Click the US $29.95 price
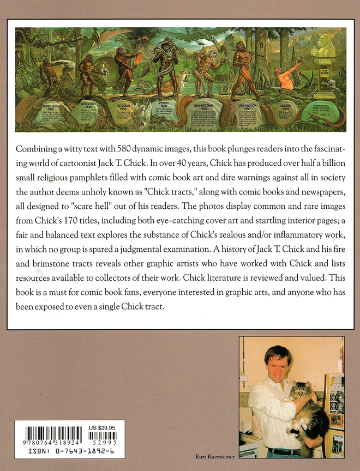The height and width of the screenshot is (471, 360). pyautogui.click(x=103, y=428)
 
